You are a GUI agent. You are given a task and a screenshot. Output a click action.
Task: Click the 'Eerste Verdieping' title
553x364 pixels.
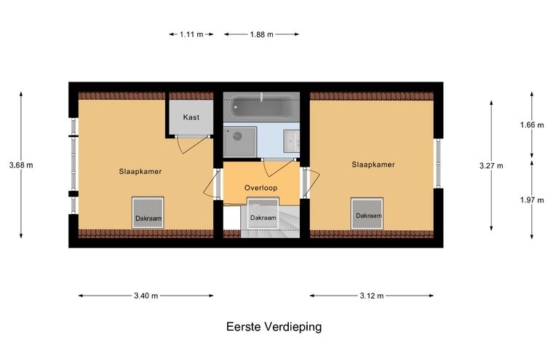pos(274,327)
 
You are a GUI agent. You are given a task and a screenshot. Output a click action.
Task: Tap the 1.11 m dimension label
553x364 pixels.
pos(191,34)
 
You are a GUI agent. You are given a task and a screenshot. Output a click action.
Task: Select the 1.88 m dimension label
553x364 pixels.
pos(261,34)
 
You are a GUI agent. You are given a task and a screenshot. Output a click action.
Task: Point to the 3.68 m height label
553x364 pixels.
pos(21,165)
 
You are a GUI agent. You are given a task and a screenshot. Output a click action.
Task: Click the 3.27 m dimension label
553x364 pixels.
pos(491,165)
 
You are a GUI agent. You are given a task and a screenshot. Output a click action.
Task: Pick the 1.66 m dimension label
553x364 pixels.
pos(532,124)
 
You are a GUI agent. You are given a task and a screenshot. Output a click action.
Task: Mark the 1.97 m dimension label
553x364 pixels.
pos(532,199)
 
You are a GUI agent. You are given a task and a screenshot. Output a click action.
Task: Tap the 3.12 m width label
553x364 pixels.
pos(371,296)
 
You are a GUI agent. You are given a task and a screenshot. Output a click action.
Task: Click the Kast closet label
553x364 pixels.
pos(191,117)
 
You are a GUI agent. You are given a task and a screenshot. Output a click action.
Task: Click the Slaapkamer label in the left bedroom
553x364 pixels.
pos(140,172)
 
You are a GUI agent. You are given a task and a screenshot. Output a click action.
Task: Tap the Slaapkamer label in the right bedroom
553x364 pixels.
pos(373,165)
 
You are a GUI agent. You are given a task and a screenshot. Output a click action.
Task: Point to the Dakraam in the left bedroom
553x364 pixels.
pos(148,213)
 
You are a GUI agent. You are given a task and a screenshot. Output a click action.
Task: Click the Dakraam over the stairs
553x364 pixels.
pos(263,217)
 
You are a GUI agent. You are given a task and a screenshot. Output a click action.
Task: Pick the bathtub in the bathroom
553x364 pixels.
pos(260,110)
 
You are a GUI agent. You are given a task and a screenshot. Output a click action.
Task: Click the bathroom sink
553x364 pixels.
pos(291,141)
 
